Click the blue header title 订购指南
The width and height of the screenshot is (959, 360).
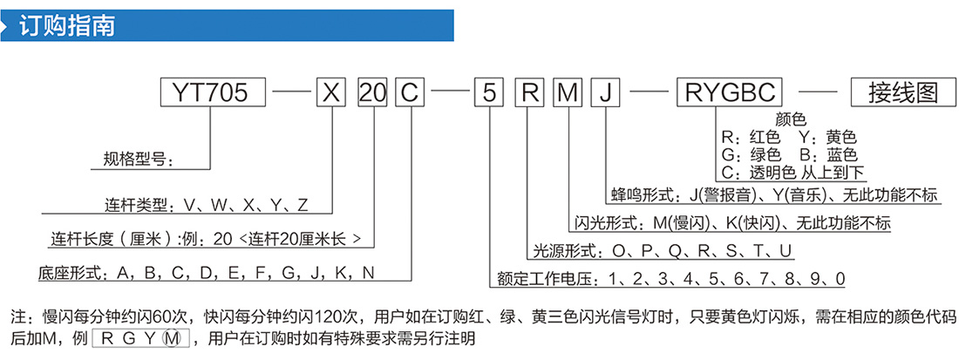[67, 26]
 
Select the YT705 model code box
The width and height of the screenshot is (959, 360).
[212, 93]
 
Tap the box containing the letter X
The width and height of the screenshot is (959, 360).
[331, 93]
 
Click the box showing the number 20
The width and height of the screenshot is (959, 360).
[372, 93]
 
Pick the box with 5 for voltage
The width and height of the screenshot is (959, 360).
[489, 93]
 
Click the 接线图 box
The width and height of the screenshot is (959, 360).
[903, 93]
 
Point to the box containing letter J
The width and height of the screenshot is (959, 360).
[606, 93]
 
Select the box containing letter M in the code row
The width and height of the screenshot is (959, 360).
[568, 93]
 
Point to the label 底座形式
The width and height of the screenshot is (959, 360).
[68, 272]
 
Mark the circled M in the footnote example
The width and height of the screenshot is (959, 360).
[173, 337]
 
